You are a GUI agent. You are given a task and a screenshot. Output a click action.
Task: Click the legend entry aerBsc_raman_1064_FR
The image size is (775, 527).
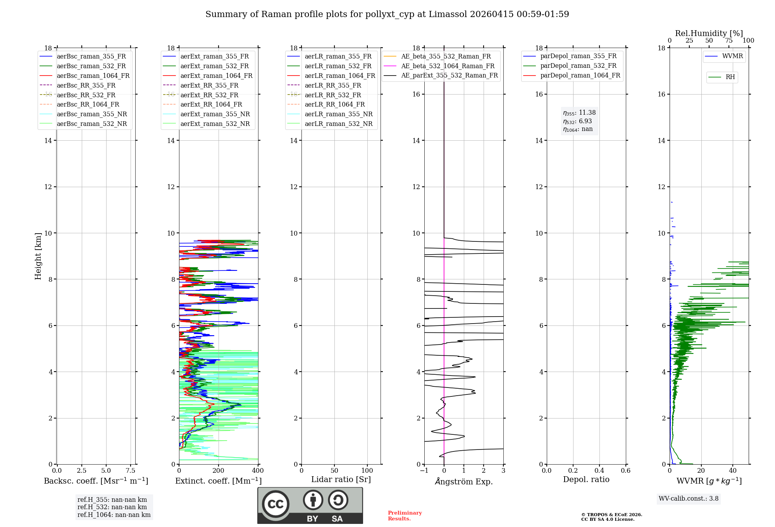pyautogui.click(x=93, y=76)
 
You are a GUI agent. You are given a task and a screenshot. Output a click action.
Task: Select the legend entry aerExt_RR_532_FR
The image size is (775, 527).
pyautogui.click(x=209, y=95)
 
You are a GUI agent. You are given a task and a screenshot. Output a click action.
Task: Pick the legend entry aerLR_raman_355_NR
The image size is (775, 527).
pyautogui.click(x=338, y=114)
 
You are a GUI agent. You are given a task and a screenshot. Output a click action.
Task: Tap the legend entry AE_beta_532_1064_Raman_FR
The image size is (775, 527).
pyautogui.click(x=448, y=66)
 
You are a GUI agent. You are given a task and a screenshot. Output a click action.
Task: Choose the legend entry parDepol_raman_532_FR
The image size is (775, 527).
pyautogui.click(x=578, y=66)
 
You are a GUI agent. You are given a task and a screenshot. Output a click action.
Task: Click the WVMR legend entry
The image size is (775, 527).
pyautogui.click(x=732, y=56)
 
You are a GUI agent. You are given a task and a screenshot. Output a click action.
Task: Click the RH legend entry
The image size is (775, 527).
pyautogui.click(x=730, y=77)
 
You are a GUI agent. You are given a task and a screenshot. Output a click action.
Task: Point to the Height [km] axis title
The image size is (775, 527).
pyautogui.click(x=38, y=256)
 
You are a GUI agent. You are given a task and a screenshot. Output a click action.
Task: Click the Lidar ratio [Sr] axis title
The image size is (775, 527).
pyautogui.click(x=341, y=479)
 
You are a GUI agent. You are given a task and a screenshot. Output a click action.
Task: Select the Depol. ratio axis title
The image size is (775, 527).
pyautogui.click(x=586, y=479)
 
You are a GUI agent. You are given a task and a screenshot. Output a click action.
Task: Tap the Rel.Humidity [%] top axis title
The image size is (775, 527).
pyautogui.click(x=709, y=33)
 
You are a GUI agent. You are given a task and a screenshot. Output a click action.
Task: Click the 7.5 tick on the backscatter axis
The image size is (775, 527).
pyautogui.click(x=131, y=471)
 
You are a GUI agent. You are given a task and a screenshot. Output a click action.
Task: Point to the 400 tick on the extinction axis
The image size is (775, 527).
pyautogui.click(x=258, y=471)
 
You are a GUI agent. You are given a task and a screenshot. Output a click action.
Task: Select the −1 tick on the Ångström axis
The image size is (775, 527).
pyautogui.click(x=424, y=471)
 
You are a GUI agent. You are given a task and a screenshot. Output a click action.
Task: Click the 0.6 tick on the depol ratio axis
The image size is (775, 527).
pyautogui.click(x=625, y=471)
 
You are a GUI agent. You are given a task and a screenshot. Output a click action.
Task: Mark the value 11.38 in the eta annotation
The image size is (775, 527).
pyautogui.click(x=587, y=112)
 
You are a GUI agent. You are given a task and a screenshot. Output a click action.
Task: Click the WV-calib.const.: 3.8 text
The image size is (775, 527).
pyautogui.click(x=689, y=499)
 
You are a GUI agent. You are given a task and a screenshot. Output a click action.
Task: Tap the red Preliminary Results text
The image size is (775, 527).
pyautogui.click(x=405, y=516)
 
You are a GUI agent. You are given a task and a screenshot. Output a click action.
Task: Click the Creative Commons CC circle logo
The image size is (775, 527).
pyautogui.click(x=276, y=504)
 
